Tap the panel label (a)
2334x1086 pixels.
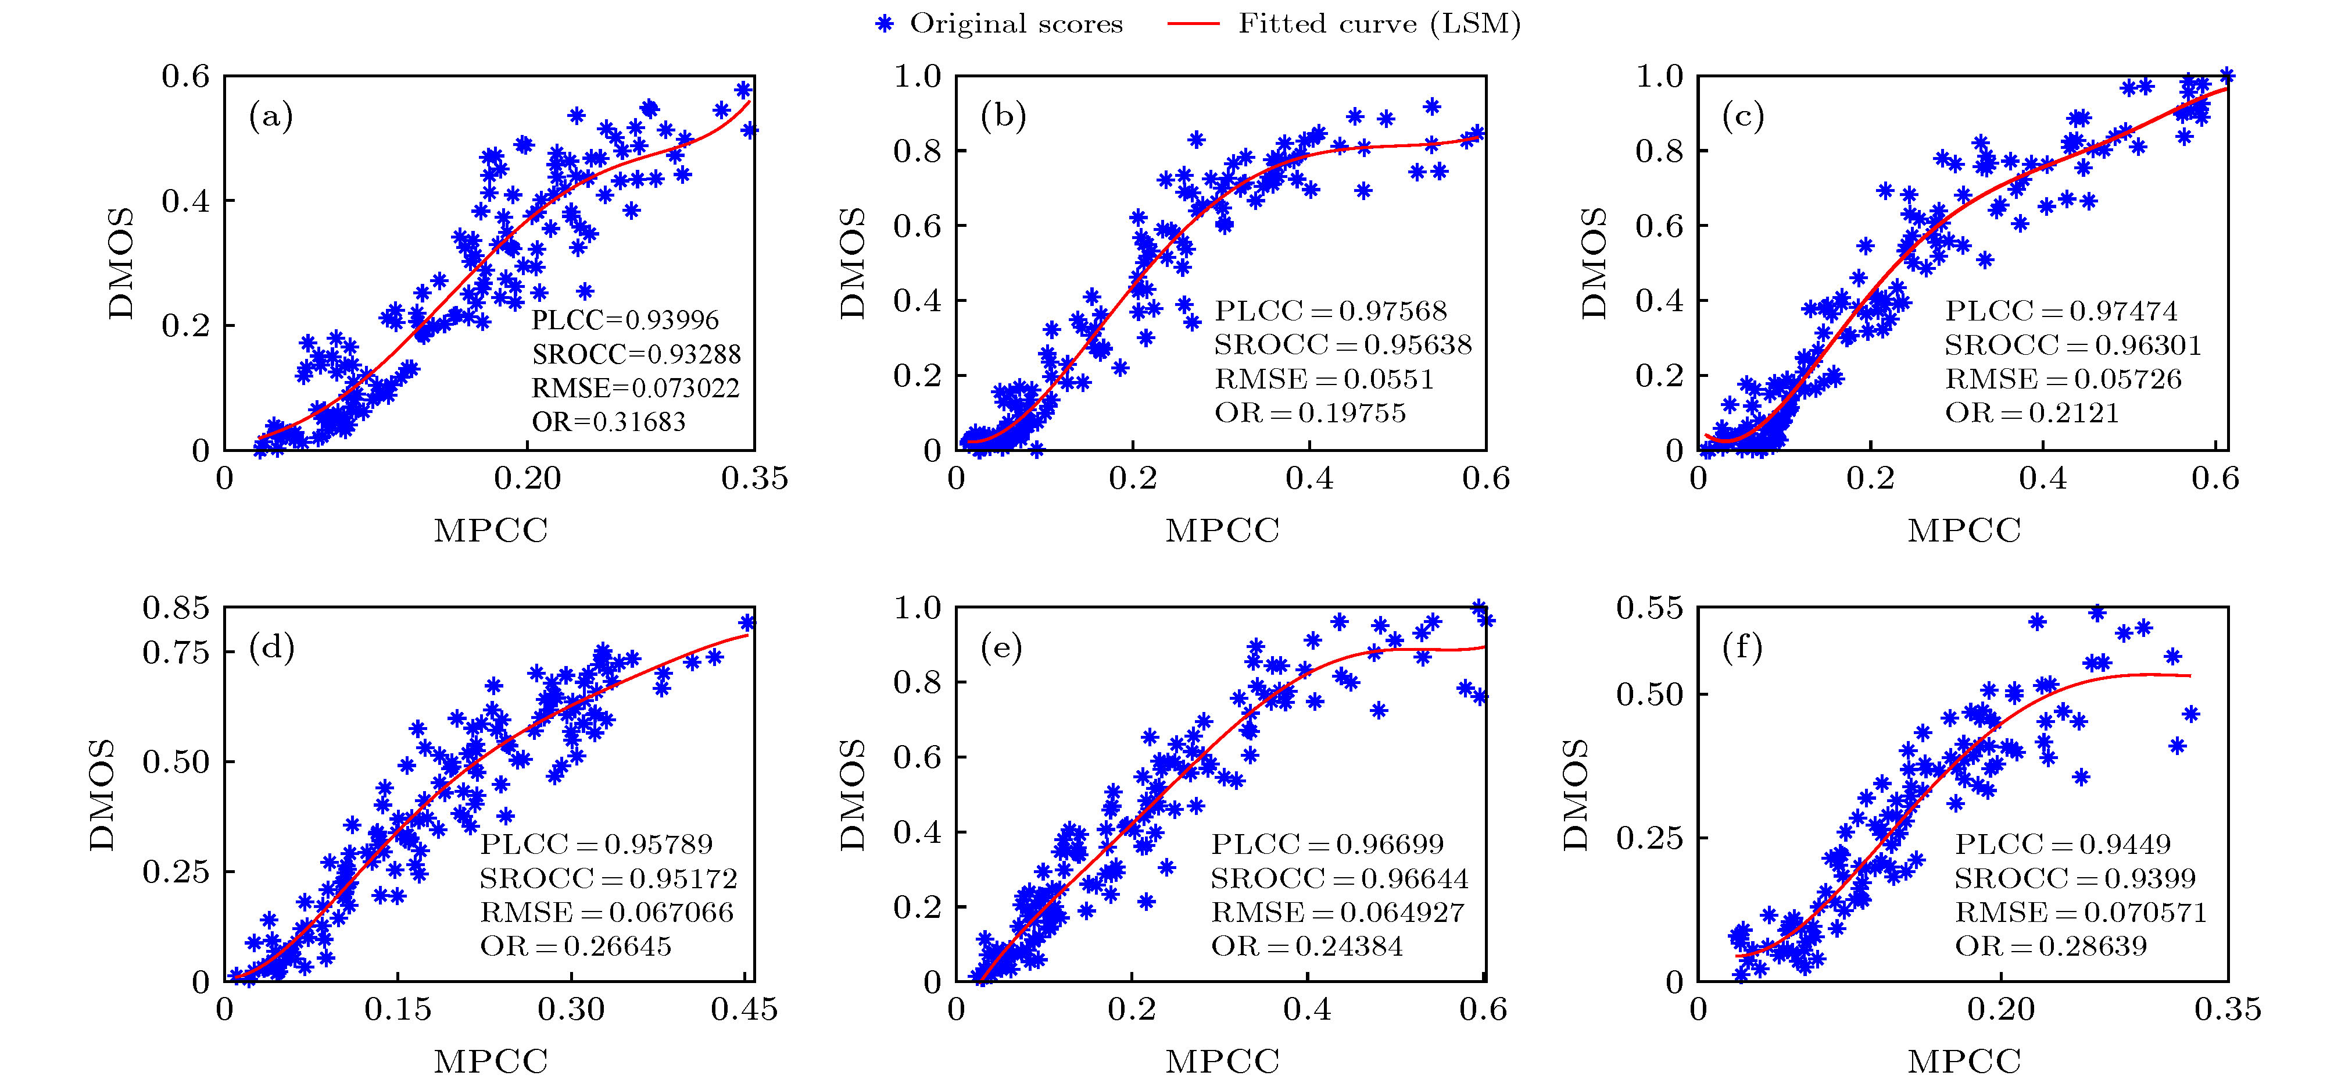click(x=271, y=117)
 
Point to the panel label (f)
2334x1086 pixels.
click(x=1744, y=648)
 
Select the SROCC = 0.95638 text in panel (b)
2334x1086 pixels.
click(x=1343, y=344)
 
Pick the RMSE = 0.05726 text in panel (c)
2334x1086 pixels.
click(x=2063, y=379)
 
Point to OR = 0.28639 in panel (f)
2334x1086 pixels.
click(x=2050, y=946)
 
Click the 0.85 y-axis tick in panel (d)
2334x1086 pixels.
click(x=176, y=607)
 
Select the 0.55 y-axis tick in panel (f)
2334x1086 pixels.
click(x=1649, y=607)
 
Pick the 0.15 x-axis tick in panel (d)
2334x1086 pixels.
click(x=398, y=1010)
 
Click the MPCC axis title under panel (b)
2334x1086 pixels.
click(x=1222, y=530)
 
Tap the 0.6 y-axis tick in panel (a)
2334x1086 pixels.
click(x=186, y=76)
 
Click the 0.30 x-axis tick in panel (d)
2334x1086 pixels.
click(x=571, y=1010)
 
